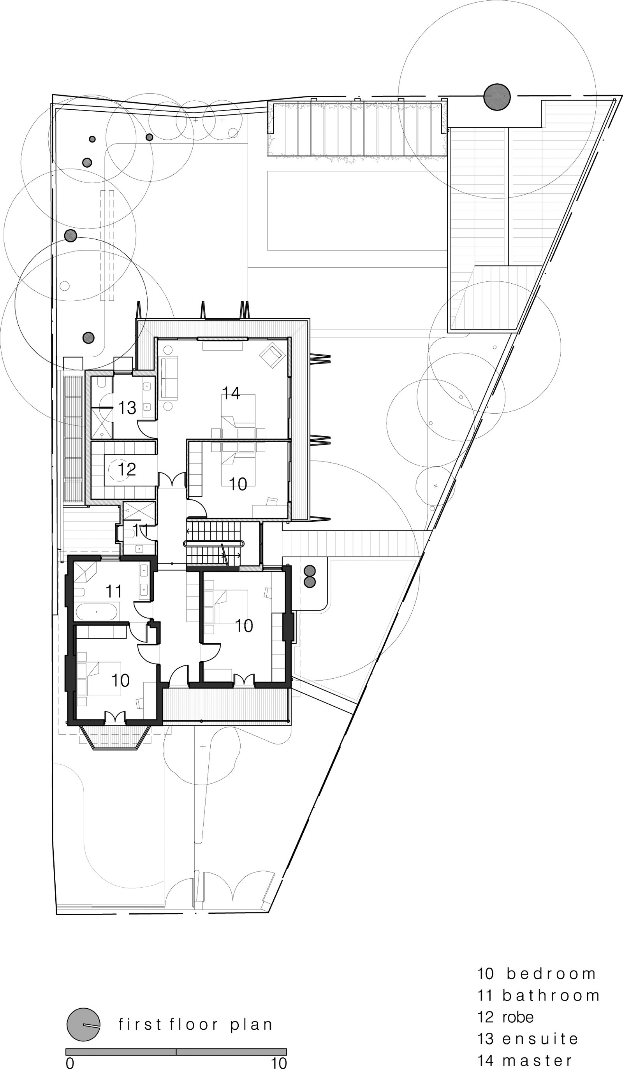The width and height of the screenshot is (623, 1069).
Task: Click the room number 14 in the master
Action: pyautogui.click(x=231, y=393)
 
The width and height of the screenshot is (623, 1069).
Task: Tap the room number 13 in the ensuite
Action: pyautogui.click(x=127, y=408)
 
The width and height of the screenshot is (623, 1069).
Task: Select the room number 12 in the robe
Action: pyautogui.click(x=127, y=469)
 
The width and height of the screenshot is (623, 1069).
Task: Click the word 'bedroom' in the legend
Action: pyautogui.click(x=552, y=974)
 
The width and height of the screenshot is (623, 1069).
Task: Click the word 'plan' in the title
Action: pyautogui.click(x=251, y=1025)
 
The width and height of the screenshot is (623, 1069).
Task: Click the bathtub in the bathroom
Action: pyautogui.click(x=97, y=612)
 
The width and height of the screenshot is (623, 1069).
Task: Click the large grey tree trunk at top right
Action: pyautogui.click(x=496, y=97)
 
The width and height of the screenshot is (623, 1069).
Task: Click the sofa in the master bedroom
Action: pyautogui.click(x=169, y=378)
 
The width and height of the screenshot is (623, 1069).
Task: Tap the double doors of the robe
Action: pyautogui.click(x=172, y=480)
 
